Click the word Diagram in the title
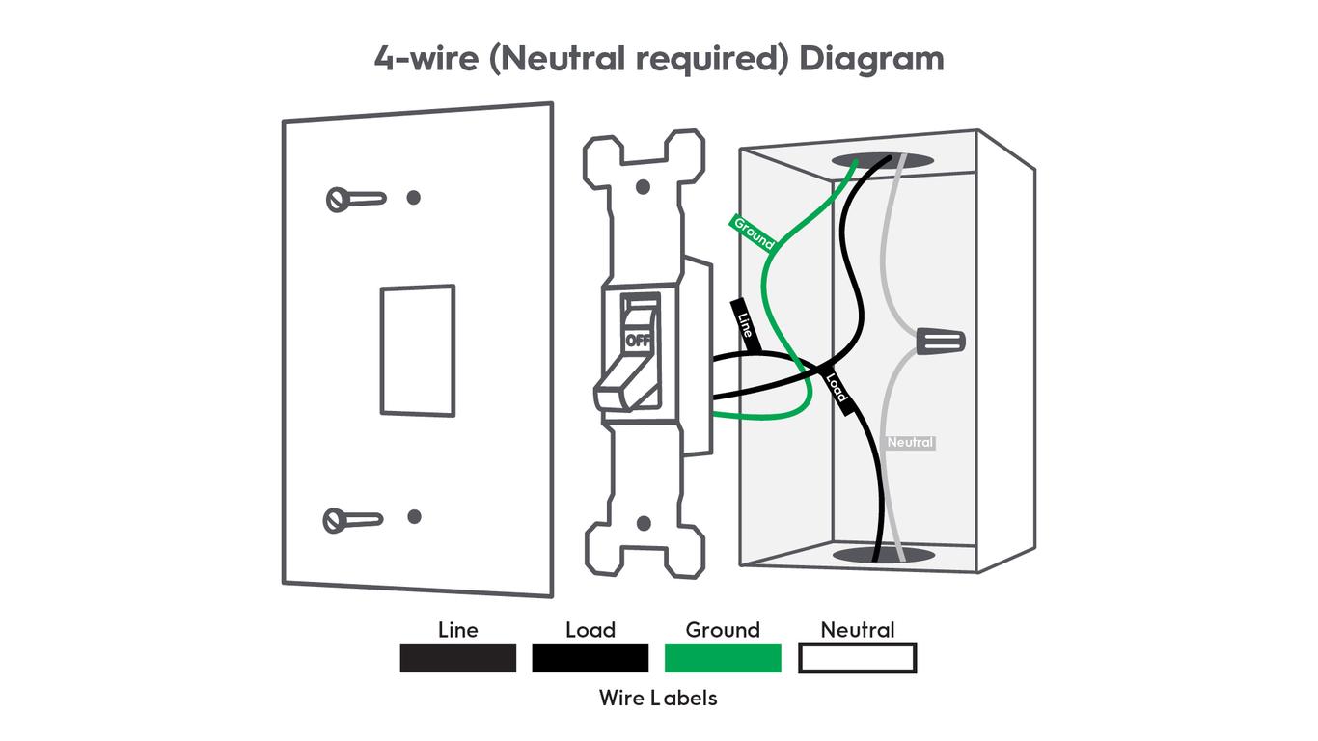tap(871, 59)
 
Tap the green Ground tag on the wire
tap(754, 233)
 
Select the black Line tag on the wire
tap(745, 324)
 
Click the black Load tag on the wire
tap(836, 388)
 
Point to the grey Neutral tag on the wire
tap(910, 442)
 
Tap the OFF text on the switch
tap(638, 341)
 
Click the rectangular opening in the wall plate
tap(417, 350)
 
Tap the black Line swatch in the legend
tap(457, 658)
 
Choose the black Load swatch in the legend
tap(590, 658)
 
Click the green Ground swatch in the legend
tap(723, 658)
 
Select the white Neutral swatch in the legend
tap(857, 658)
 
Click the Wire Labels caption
tap(658, 698)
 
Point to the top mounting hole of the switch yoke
tap(644, 185)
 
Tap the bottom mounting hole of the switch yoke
tap(644, 523)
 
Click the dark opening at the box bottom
tap(882, 555)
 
